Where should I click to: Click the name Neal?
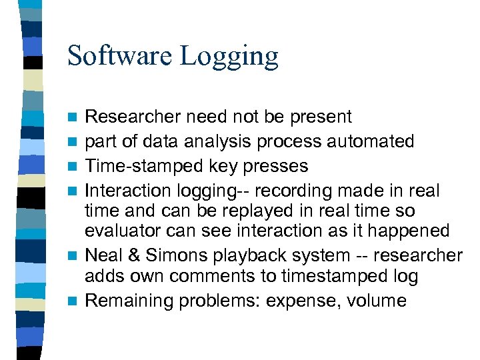click(104, 255)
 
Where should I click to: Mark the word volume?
click(376, 301)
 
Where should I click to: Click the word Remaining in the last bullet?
click(129, 301)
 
